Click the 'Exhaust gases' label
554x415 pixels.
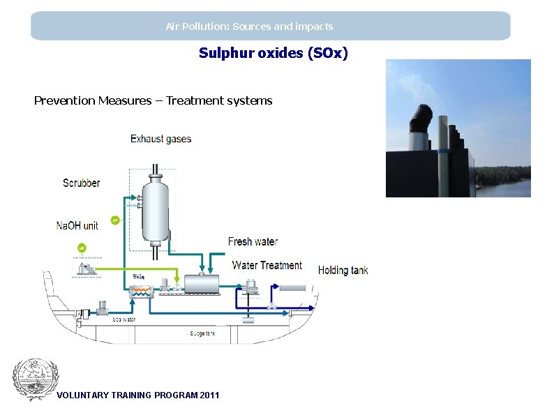coord(160,139)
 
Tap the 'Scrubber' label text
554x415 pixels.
coord(81,183)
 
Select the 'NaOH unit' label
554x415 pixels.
coord(77,225)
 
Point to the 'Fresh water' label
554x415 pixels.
coord(253,241)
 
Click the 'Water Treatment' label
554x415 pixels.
coord(267,265)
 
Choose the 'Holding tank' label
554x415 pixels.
coord(343,270)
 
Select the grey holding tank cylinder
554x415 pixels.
coord(292,287)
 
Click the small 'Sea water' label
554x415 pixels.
coord(124,319)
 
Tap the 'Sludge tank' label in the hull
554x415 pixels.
coord(202,333)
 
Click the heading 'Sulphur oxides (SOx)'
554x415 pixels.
coord(273,53)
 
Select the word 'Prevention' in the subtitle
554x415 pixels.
coord(64,100)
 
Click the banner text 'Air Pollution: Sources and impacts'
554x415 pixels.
coord(249,27)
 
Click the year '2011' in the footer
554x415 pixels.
coord(209,395)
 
